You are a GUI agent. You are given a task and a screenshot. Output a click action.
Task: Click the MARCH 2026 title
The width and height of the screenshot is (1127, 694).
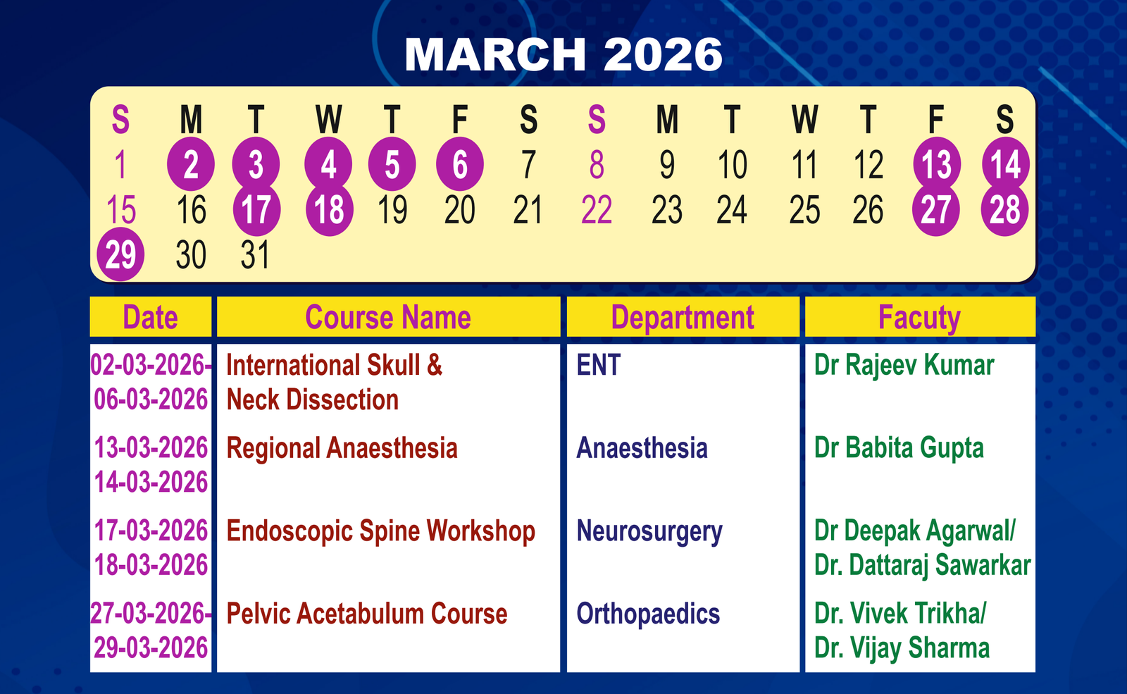coord(563,54)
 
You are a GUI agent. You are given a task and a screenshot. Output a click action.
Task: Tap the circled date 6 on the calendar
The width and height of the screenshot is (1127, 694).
coord(460,164)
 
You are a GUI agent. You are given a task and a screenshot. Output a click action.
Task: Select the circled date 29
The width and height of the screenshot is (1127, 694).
coord(120,254)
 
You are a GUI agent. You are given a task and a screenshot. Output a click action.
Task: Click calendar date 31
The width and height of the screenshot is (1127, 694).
coord(255,254)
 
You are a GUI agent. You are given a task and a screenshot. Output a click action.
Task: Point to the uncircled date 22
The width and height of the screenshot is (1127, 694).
coord(596,209)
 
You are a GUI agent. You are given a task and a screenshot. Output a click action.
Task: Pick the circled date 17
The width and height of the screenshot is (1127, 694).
coord(256,209)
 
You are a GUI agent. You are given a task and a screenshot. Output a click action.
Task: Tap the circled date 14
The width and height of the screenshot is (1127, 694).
coord(1005,164)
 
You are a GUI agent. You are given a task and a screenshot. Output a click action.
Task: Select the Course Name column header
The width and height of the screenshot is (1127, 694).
coord(388,317)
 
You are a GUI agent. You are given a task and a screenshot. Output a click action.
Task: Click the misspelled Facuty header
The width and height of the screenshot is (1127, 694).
coord(919,318)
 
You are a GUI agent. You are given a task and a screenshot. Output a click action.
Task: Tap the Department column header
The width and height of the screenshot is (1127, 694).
coord(683,318)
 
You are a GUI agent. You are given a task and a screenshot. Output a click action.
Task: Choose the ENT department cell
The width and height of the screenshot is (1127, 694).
coord(598,365)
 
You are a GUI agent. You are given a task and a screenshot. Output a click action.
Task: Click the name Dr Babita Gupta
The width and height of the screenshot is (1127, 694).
coord(899,448)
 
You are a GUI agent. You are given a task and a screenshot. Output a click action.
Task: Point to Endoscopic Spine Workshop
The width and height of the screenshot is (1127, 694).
coord(380,531)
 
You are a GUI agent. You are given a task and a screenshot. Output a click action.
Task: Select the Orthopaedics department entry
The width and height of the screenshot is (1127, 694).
coord(648,614)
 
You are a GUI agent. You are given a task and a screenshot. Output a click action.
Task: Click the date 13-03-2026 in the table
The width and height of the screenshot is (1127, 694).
coord(151,448)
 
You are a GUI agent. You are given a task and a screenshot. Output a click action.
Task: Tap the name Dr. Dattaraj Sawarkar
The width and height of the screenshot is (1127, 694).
coord(922,565)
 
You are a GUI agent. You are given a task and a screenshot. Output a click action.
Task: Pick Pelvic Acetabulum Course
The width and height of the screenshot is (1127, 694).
coord(367,614)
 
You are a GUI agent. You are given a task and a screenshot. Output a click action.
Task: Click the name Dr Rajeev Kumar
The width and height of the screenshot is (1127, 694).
coord(904,366)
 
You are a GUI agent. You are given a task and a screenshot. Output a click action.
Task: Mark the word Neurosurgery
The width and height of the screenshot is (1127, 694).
coord(649,532)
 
